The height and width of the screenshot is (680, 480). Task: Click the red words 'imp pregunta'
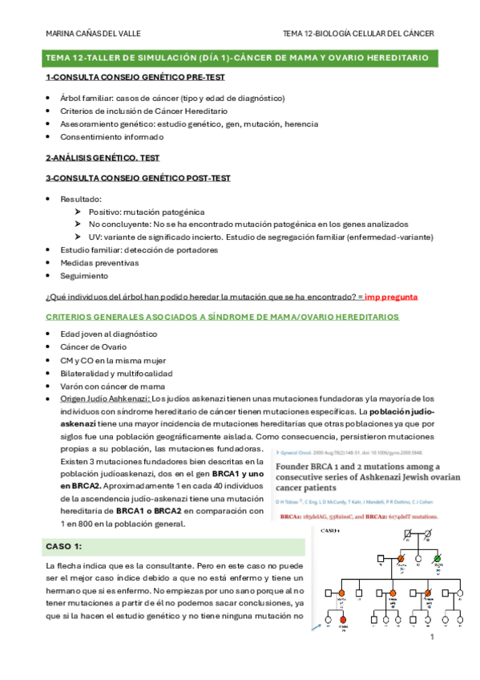[x=390, y=297]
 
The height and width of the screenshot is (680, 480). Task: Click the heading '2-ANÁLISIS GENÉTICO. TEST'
[x=103, y=159]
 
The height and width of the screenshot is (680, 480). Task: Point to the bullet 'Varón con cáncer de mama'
[x=112, y=386]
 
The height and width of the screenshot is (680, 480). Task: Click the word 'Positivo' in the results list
[x=105, y=212]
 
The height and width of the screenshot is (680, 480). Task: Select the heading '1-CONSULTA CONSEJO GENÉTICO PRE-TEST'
[x=135, y=77]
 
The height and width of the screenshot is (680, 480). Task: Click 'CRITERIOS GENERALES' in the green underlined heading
[x=99, y=317]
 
